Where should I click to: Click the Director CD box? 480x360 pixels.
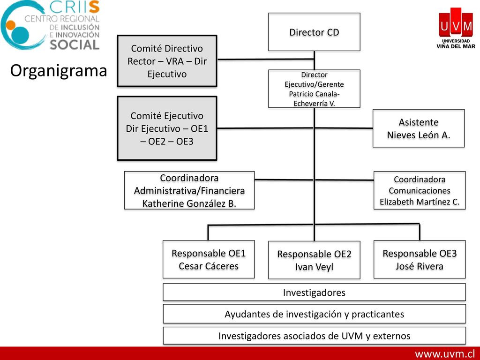pos(314,32)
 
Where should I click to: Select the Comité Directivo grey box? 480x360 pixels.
pos(167,61)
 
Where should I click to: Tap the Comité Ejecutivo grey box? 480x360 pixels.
pos(167,128)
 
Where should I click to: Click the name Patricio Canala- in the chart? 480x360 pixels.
pos(314,94)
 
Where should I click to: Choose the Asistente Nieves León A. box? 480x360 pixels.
pos(419,128)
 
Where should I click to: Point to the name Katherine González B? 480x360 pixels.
pos(189,203)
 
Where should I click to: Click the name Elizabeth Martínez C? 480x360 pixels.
pos(420,202)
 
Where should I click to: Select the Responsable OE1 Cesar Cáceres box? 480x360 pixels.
pos(209,259)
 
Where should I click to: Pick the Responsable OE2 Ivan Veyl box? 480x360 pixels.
pos(314,260)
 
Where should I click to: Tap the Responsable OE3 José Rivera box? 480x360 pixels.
pos(420,259)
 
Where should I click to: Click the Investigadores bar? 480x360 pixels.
pos(314,292)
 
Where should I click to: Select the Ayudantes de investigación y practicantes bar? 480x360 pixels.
pos(314,314)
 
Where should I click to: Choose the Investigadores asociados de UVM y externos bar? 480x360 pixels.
pos(314,336)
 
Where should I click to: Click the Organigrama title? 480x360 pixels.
pos(59,71)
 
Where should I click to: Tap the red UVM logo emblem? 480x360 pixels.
pos(456,23)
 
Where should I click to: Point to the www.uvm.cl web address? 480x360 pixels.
pos(445,354)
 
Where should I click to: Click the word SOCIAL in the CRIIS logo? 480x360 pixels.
pos(75,45)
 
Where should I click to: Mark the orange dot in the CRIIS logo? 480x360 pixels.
pos(10,25)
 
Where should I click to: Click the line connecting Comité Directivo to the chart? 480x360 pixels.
pos(266,60)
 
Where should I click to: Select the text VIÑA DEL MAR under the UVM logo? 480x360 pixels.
pos(456,46)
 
